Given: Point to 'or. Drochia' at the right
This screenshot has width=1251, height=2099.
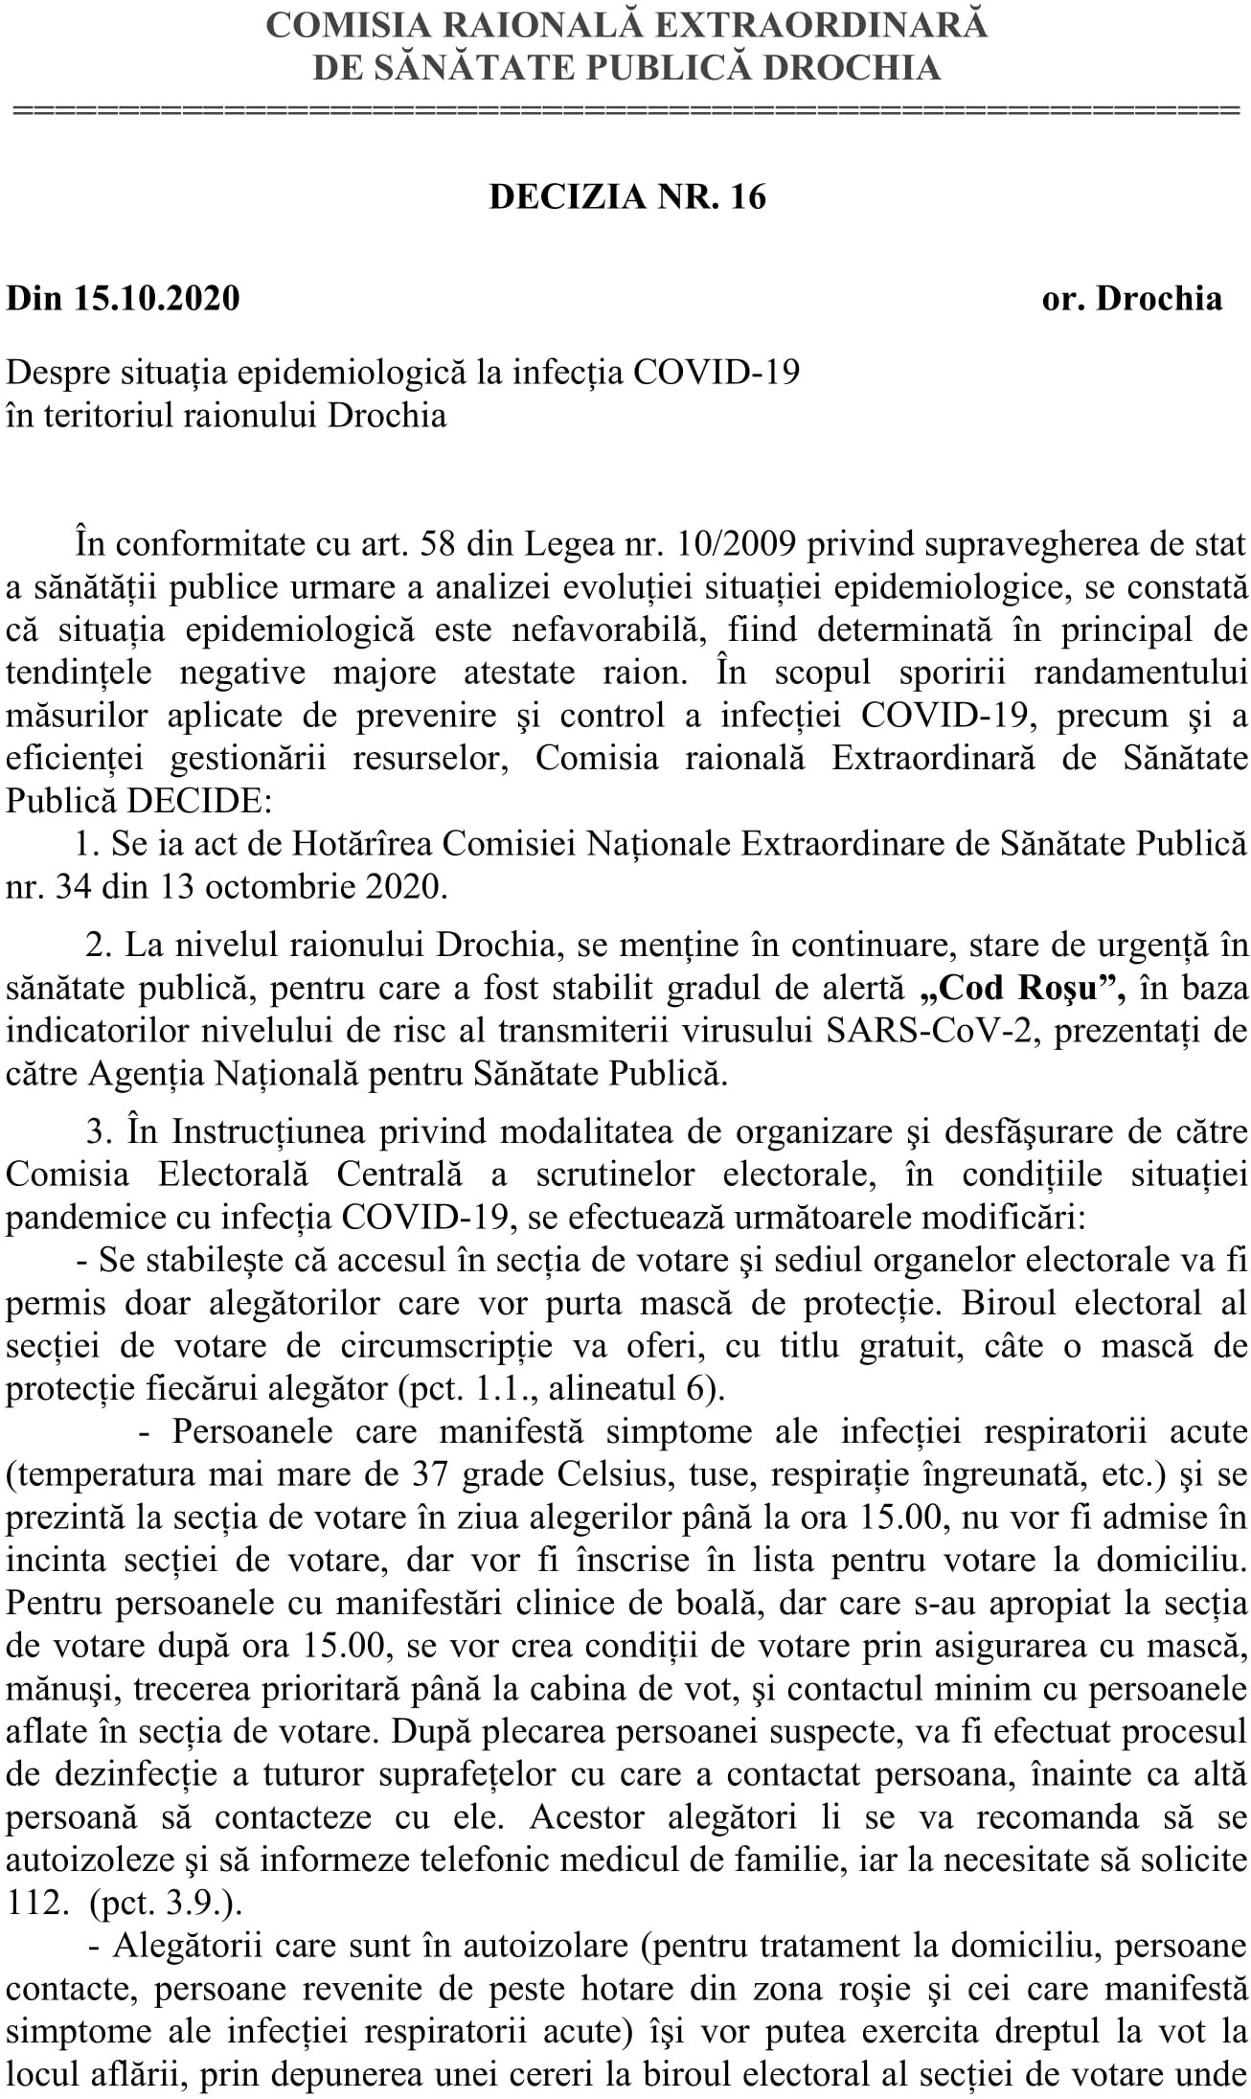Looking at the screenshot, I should click(1131, 299).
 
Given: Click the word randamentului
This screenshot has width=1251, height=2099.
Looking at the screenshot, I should click(1141, 672).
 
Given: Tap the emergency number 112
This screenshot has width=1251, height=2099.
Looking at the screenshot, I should click(34, 1901).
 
